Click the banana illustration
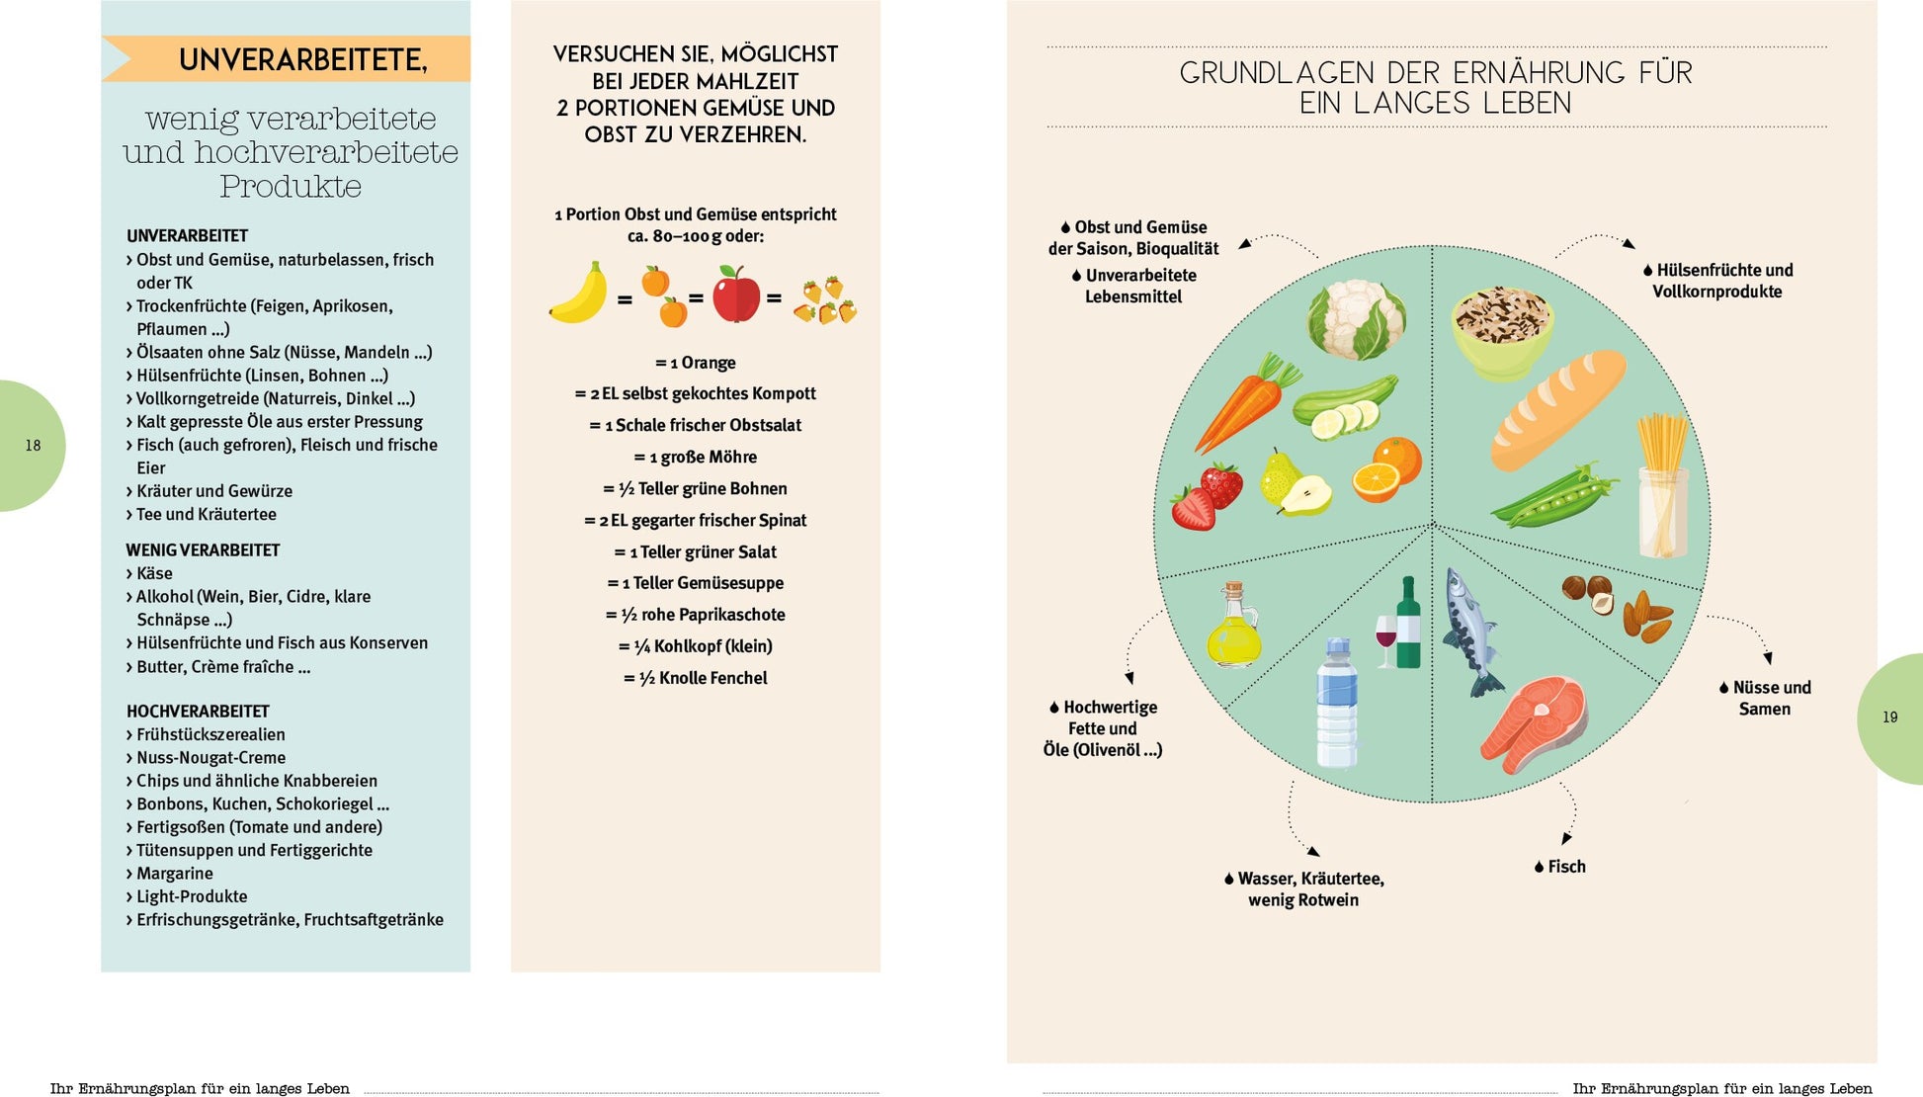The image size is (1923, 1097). pos(579,294)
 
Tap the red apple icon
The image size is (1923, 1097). pos(736,294)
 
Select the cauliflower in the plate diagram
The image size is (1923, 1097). pos(1356,318)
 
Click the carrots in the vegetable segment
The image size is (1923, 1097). pos(1245,405)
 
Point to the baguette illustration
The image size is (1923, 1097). pos(1557,410)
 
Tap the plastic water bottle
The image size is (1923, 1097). pos(1337,704)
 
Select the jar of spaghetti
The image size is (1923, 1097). pos(1663,485)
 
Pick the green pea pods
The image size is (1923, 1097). pos(1554,495)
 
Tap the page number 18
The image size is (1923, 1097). pos(33,446)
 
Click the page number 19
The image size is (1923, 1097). pos(1889,717)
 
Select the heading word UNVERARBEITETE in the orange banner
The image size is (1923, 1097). pos(302,60)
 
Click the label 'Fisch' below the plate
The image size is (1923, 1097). pos(1566,867)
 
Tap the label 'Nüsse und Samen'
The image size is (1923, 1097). pos(1765,698)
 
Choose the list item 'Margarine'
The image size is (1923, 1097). pos(174,874)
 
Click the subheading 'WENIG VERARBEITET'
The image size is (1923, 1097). pos(203,550)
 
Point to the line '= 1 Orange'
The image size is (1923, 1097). pos(696,363)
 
